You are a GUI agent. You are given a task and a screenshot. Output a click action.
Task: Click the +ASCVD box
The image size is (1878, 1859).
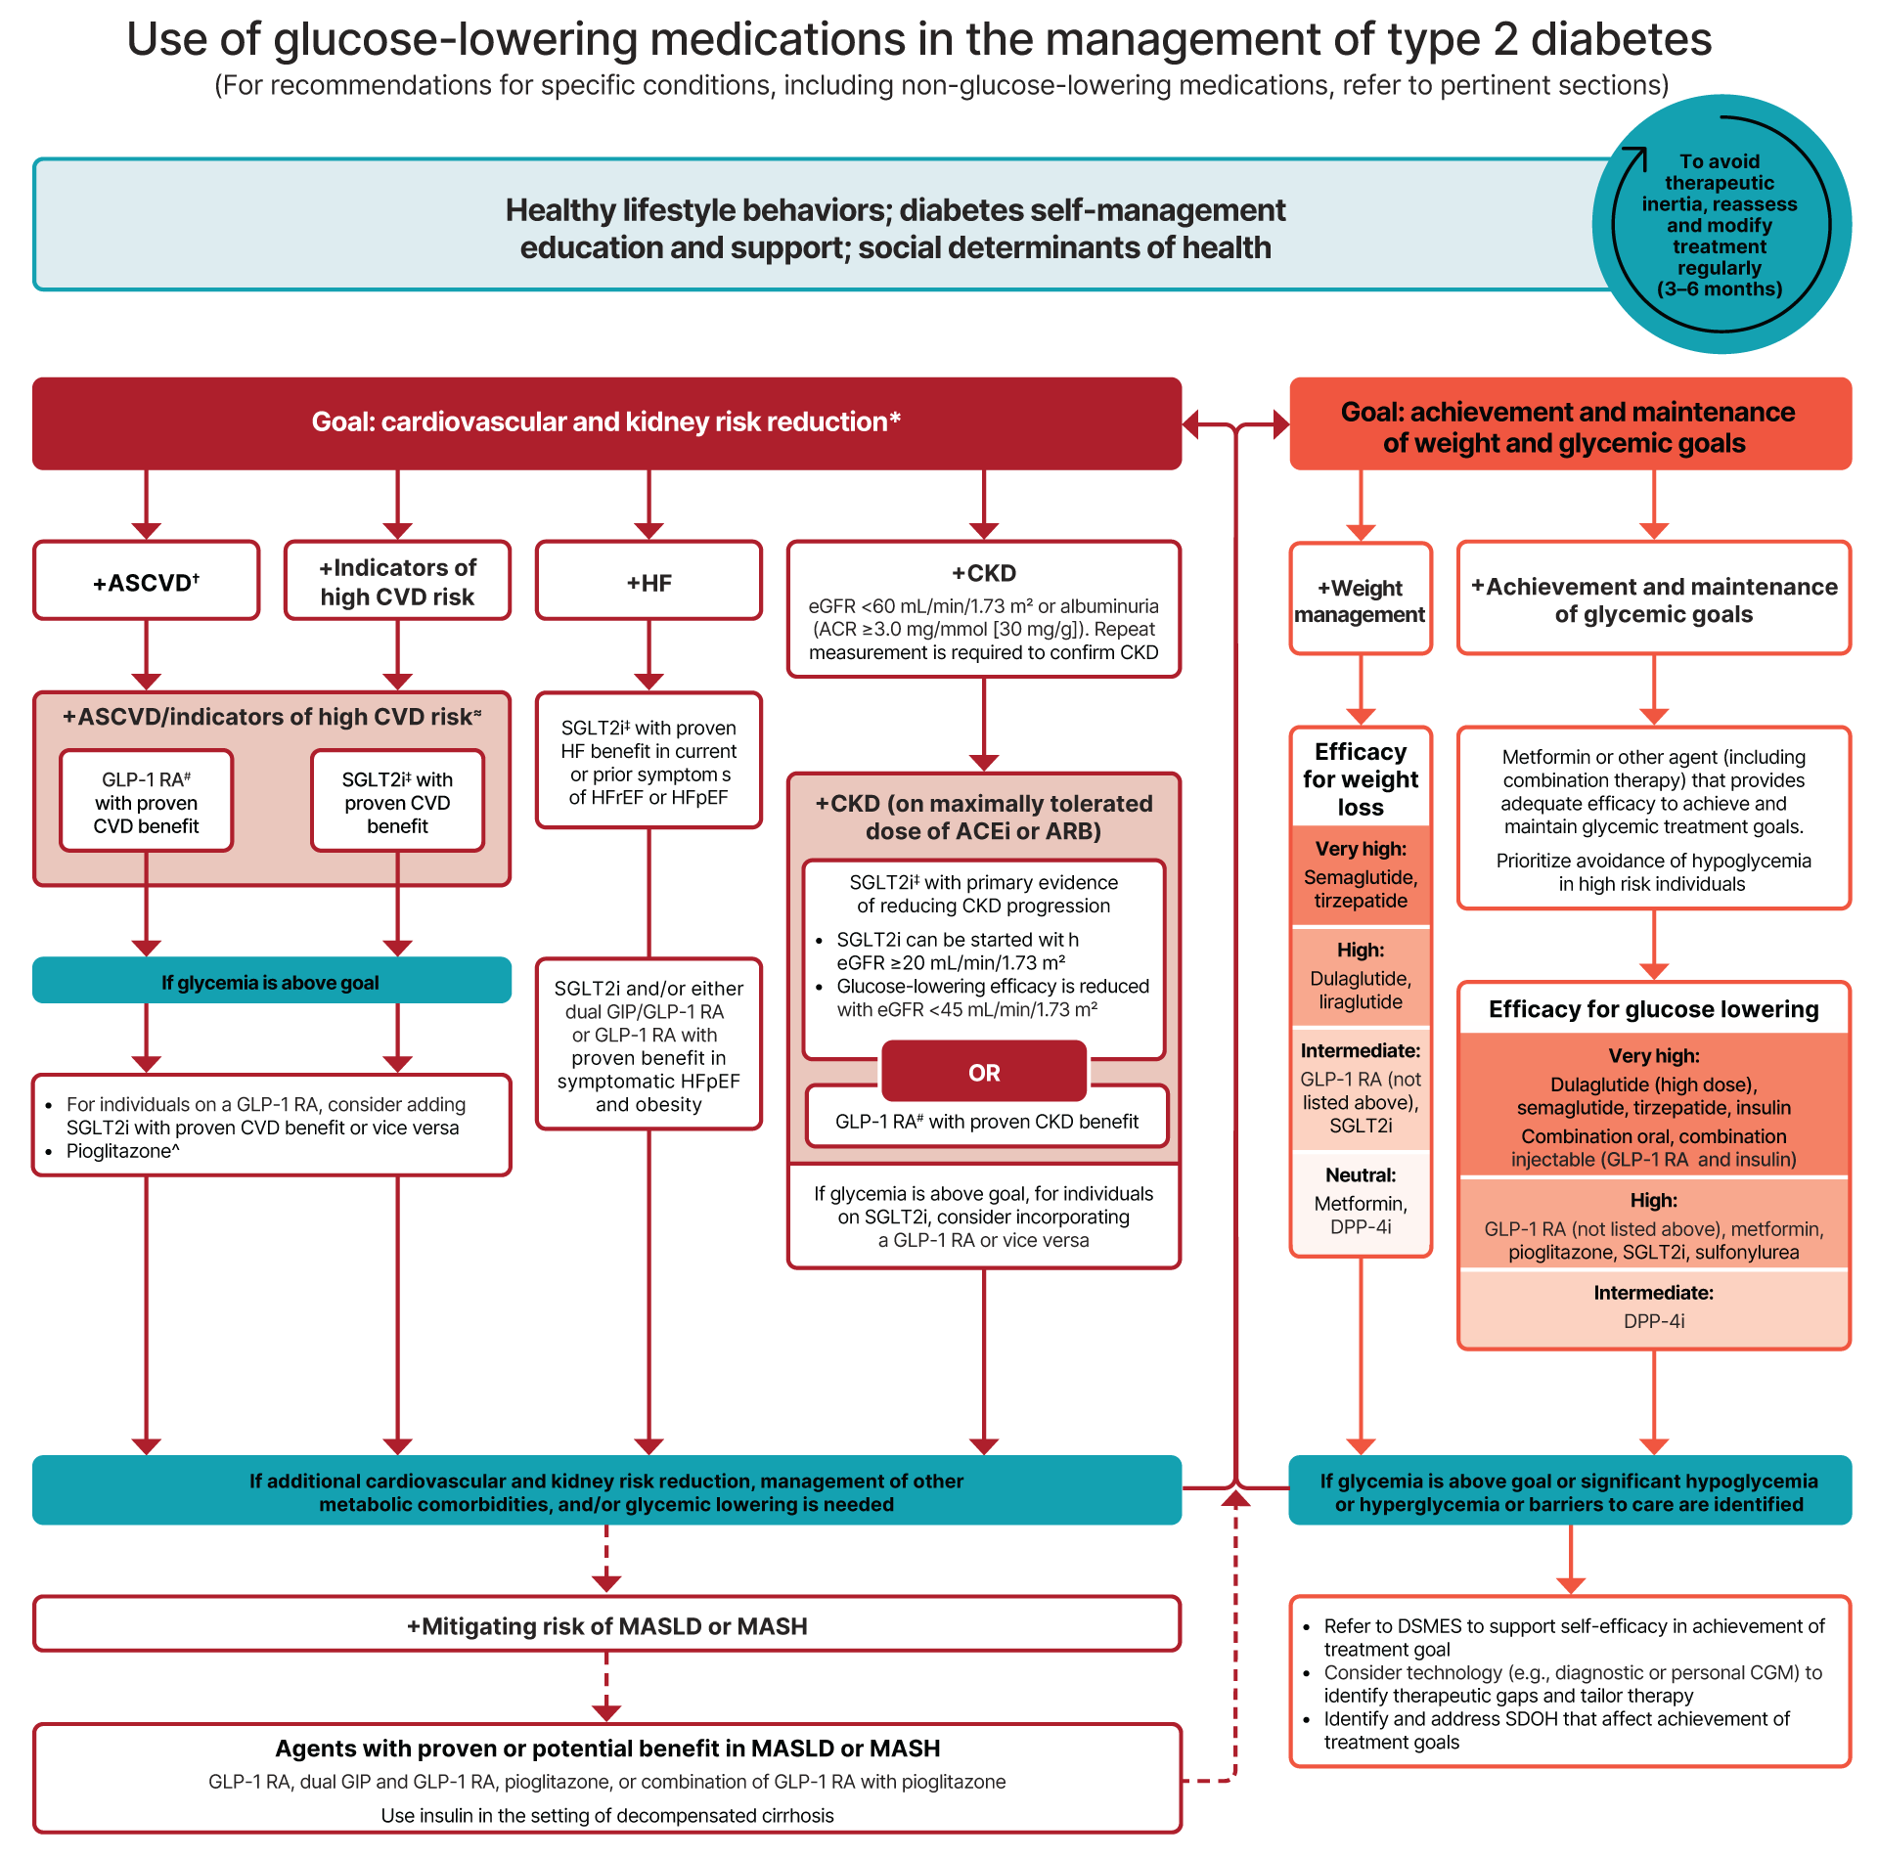pos(147,582)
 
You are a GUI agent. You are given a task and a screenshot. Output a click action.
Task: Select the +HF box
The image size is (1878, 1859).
pos(648,582)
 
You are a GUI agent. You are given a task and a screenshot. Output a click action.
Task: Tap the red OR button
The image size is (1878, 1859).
pos(984,1072)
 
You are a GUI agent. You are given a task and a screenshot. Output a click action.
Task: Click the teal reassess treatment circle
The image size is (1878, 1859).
pos(1721,225)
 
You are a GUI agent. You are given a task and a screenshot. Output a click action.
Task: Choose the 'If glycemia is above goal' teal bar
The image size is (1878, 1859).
pos(271,982)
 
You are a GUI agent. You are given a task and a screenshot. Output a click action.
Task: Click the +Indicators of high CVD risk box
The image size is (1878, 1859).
pos(397,582)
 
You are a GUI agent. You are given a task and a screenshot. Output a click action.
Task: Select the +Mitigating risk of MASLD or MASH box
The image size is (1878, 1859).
pos(606,1625)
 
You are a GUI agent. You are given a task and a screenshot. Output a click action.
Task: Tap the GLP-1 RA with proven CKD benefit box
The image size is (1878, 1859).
pos(986,1121)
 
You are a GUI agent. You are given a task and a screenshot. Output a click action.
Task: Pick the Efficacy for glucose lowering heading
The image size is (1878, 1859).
pos(1653,1009)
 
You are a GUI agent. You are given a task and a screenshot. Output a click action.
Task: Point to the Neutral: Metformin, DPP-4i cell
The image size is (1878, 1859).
pos(1361,1201)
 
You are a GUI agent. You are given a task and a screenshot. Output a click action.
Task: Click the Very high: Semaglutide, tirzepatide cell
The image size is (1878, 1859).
pos(1361,875)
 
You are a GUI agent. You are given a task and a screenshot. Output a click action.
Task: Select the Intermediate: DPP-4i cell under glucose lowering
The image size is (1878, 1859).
pos(1653,1307)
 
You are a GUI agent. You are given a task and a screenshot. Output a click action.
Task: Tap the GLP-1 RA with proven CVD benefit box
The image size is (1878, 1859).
pos(147,802)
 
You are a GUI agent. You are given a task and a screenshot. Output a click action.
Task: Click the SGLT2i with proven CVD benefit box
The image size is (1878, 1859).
pos(397,802)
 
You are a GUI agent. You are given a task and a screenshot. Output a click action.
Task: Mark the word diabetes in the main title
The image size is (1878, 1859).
pos(1621,39)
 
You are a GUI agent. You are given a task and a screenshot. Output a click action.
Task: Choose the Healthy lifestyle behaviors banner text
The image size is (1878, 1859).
pos(895,228)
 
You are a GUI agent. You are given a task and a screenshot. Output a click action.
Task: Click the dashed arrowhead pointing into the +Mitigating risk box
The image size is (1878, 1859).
pos(606,1582)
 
